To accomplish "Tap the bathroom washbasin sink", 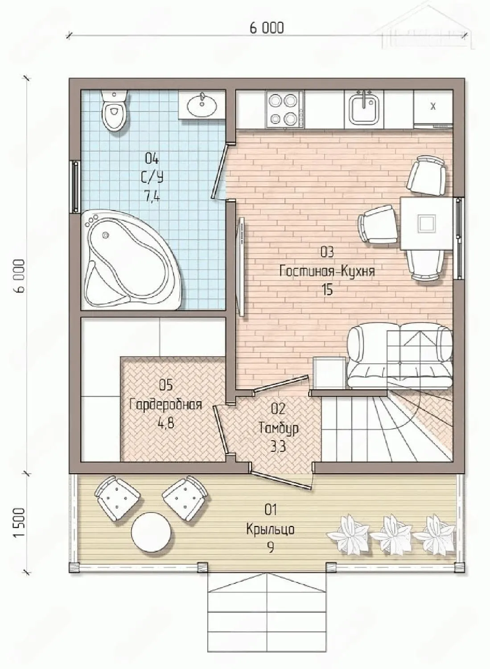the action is (x=202, y=105).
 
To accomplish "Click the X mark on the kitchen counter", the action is (x=433, y=106).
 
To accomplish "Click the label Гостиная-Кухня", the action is (x=327, y=272).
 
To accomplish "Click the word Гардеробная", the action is (x=166, y=405).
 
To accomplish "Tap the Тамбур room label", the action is (x=279, y=428).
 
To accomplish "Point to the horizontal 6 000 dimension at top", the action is (x=267, y=28).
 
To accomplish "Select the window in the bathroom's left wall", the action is (x=75, y=187).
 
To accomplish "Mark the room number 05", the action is (x=166, y=386).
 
